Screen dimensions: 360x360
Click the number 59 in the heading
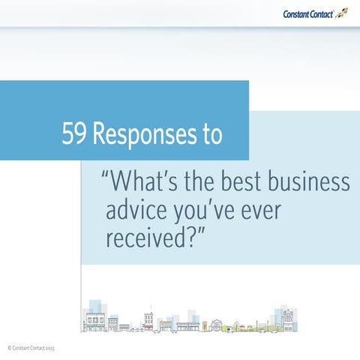[x=76, y=134]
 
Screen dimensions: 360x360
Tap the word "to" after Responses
[x=211, y=135]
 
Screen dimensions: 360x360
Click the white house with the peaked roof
[x=217, y=325]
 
